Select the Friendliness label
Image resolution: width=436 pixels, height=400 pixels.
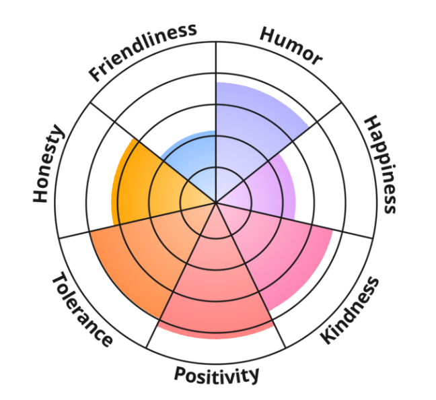[143, 51]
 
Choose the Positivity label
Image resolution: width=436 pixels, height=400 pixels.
[216, 374]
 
